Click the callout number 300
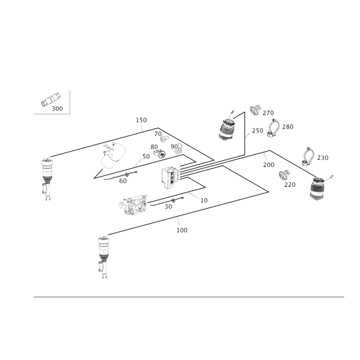click(x=57, y=108)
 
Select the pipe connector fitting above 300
click(x=51, y=99)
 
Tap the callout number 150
click(x=141, y=120)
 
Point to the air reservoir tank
click(x=113, y=155)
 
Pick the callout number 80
click(x=154, y=147)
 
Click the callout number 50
click(x=146, y=156)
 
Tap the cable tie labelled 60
click(x=121, y=175)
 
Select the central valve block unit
click(x=171, y=178)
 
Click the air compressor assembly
click(x=133, y=204)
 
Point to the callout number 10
click(x=204, y=200)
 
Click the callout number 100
click(x=182, y=230)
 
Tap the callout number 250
click(x=257, y=130)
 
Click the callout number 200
click(x=269, y=165)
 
